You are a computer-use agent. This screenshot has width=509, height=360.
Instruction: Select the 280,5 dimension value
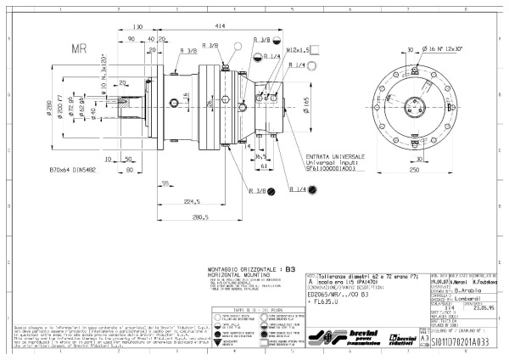pyautogui.click(x=201, y=217)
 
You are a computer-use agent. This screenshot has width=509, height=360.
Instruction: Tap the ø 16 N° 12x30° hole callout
pyautogui.click(x=445, y=49)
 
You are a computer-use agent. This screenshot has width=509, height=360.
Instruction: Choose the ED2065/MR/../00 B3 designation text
pyautogui.click(x=342, y=293)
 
